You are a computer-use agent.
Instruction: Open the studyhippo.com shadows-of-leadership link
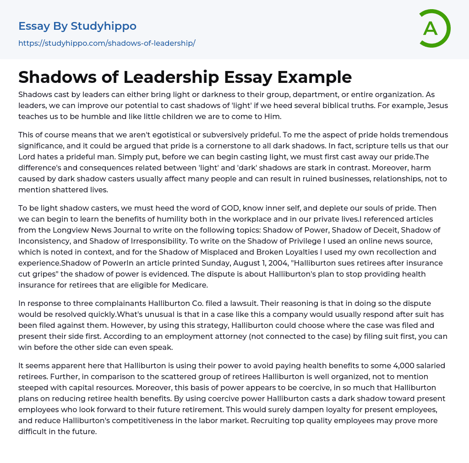(x=107, y=43)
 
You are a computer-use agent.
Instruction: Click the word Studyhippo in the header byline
(x=104, y=26)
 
